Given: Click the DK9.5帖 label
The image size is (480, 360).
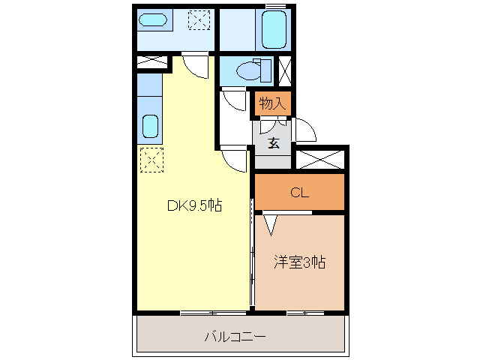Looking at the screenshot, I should [193, 205].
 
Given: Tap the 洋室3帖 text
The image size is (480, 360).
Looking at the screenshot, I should [298, 262].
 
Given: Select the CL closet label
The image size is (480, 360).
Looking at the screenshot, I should [299, 193].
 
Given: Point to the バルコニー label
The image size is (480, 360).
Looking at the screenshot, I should [235, 337].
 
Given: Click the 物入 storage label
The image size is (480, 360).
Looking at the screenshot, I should [271, 102].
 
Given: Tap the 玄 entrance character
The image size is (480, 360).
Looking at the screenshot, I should [274, 143].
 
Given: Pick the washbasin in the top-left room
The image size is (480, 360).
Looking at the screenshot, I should [155, 20].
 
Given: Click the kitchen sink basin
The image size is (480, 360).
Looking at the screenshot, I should [151, 125].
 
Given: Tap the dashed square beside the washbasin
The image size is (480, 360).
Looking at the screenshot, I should [199, 20].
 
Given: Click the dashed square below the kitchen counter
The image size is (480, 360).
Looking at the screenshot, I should [151, 160].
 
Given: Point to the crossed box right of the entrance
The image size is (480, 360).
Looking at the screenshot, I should [320, 159].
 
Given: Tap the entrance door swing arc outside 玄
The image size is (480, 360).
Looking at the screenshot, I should [304, 129].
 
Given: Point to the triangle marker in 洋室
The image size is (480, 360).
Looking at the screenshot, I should [269, 223].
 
